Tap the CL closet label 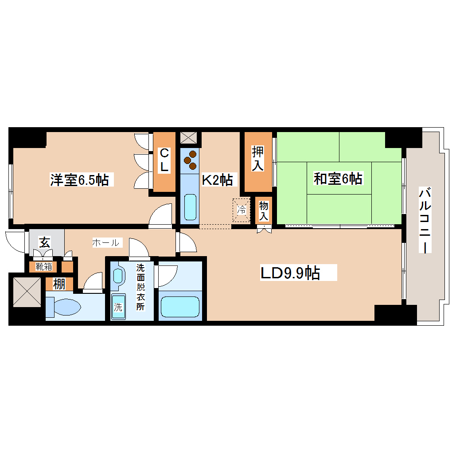(164, 160)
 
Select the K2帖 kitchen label (217, 179)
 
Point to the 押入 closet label (257, 159)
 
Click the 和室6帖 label (338, 179)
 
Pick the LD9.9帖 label (290, 273)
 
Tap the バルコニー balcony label (425, 220)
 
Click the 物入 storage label (264, 211)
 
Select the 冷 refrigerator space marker (242, 209)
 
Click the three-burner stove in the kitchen (190, 160)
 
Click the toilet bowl (64, 307)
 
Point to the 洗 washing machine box (118, 307)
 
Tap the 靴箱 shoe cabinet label (43, 267)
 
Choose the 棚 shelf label (59, 284)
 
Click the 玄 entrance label (45, 242)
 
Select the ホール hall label (105, 242)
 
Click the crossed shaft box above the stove (190, 137)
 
